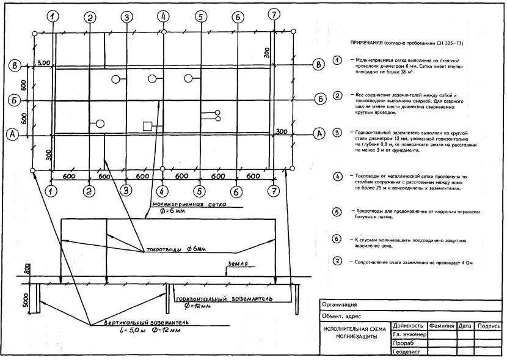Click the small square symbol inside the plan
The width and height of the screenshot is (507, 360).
tap(147, 126)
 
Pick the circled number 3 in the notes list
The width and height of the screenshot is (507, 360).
tap(336, 133)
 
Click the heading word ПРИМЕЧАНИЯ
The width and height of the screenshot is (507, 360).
tap(365, 44)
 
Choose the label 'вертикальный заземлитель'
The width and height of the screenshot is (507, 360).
tap(142, 321)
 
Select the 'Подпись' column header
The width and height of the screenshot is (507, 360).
tap(489, 326)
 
